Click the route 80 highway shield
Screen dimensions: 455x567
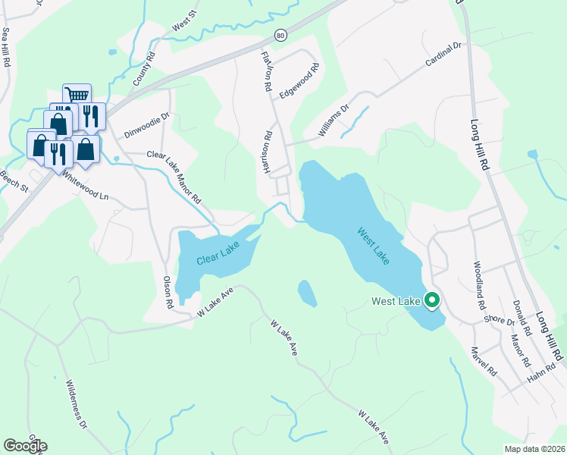280,35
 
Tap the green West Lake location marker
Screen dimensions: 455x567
432,301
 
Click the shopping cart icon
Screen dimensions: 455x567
76,95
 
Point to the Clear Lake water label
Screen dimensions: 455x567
218,253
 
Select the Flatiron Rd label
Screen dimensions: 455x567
266,72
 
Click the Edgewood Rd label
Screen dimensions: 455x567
299,79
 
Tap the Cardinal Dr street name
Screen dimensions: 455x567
443,55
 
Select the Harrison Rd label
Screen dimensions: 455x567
268,154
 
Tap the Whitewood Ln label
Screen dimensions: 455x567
86,185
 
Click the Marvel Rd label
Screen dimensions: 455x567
483,362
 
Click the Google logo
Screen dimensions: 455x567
25,446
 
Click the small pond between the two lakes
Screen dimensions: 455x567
307,293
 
